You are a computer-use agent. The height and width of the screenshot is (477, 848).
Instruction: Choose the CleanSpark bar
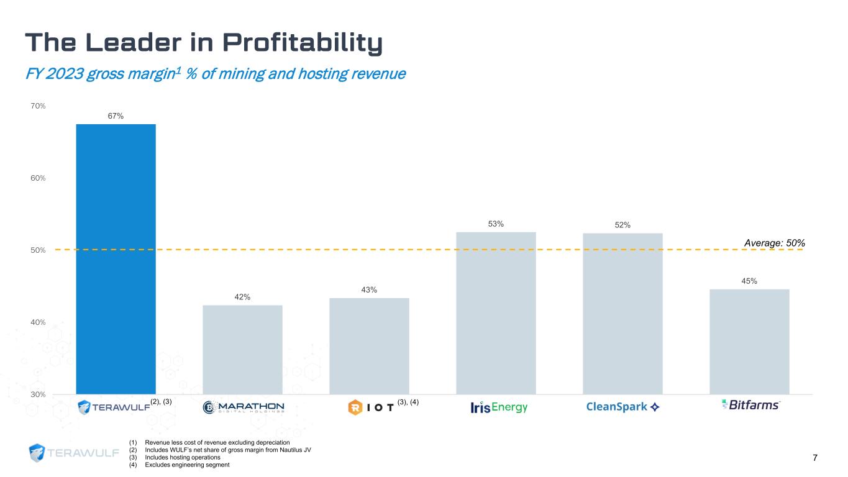tap(622, 313)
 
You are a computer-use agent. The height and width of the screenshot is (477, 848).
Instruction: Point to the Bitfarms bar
tap(749, 341)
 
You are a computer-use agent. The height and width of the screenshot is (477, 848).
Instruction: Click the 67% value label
tap(116, 116)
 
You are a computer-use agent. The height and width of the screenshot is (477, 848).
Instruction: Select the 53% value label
tap(496, 224)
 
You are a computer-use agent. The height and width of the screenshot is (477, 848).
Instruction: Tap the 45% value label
tap(749, 281)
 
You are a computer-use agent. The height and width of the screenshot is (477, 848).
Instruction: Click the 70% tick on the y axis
tap(38, 106)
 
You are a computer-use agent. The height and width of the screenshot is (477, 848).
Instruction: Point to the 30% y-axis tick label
tap(38, 394)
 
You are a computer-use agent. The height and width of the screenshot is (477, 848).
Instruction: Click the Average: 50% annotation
tap(774, 242)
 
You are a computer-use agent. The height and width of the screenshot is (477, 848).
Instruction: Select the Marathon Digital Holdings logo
tap(244, 407)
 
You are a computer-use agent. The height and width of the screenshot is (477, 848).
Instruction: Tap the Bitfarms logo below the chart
tap(750, 405)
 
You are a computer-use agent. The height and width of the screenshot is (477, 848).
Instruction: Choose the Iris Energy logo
tap(499, 407)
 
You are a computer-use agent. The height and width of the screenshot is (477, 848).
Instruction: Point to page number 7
tap(814, 458)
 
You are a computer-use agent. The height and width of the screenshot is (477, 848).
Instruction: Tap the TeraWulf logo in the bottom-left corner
tap(74, 453)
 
